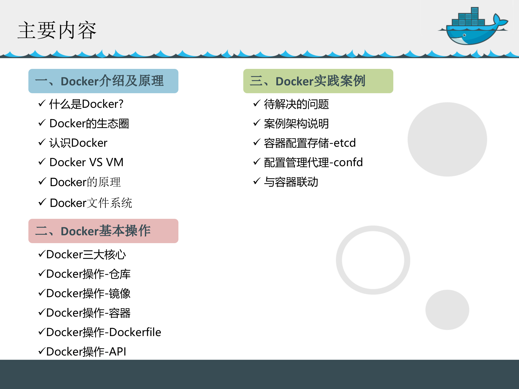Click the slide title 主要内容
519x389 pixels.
coord(57,30)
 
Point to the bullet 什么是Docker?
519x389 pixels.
coord(86,104)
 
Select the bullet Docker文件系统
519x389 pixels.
coord(91,203)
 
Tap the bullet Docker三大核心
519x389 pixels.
coord(86,254)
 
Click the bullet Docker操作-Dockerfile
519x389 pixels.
coord(104,332)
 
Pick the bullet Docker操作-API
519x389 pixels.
coord(86,352)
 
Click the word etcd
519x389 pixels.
coord(345,143)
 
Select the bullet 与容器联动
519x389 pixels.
coord(291,182)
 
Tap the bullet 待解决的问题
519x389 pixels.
coord(296,104)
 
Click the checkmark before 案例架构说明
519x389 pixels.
coord(257,123)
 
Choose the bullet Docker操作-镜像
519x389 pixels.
coord(88,293)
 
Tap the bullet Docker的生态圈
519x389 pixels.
coord(89,124)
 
